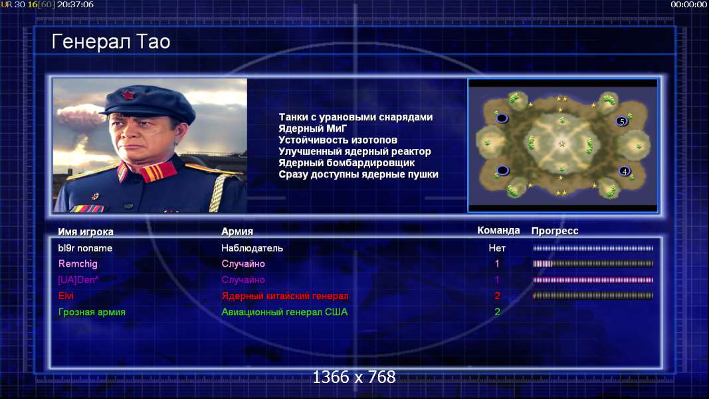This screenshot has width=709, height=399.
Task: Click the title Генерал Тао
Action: click(111, 42)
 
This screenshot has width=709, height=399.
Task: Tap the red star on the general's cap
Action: click(128, 96)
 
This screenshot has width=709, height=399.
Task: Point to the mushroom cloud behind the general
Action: click(81, 118)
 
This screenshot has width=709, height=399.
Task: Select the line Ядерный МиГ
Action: click(312, 129)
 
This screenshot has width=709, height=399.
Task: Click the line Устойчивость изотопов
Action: click(338, 140)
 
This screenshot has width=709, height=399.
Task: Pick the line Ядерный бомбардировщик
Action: click(346, 163)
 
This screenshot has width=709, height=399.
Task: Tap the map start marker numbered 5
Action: click(622, 121)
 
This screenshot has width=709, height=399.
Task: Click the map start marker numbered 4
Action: click(625, 171)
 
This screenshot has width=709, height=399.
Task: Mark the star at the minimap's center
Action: click(562, 144)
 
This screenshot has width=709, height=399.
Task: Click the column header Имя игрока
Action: click(86, 231)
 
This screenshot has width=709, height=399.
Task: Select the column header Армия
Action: click(237, 231)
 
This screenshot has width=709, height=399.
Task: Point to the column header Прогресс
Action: click(555, 231)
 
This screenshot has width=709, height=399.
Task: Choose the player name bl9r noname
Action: click(85, 248)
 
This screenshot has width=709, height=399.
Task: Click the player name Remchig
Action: click(78, 264)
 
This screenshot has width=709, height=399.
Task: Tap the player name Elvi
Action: click(66, 296)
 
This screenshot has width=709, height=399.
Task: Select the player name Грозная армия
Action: click(92, 312)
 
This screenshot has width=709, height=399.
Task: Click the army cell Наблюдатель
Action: click(252, 248)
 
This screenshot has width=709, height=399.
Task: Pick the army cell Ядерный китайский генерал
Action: click(285, 296)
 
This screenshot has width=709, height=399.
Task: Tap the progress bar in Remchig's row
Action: click(593, 264)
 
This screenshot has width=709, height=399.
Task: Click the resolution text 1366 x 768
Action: click(354, 377)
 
